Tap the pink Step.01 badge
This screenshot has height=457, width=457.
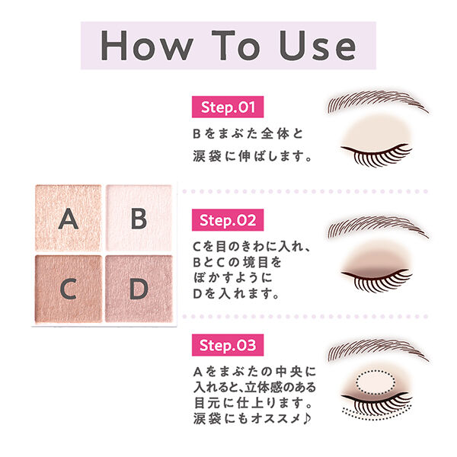[x=228, y=106]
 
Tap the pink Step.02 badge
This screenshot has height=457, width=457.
[x=228, y=221]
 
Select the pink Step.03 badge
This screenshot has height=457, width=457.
[x=228, y=344]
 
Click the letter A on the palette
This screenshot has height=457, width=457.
[x=69, y=219]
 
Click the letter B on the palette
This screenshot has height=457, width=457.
[x=138, y=219]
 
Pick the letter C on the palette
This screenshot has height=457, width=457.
[x=69, y=289]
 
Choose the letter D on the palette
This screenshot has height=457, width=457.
[x=138, y=289]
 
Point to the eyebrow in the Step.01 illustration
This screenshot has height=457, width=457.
[x=373, y=104]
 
